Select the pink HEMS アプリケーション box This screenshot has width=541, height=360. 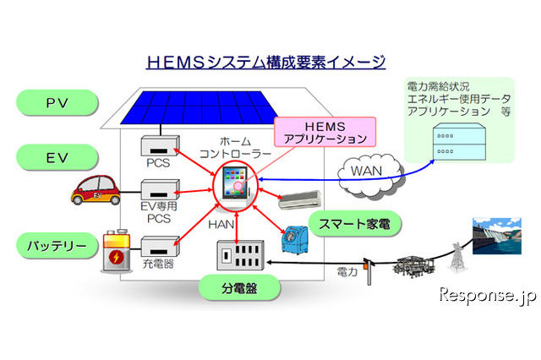click(324, 131)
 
